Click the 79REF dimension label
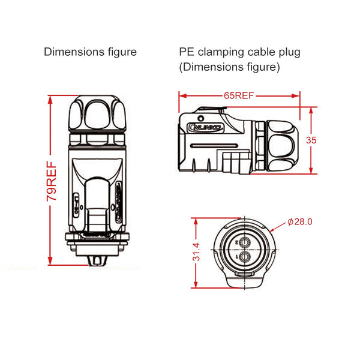[52, 180]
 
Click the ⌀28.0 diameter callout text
[300, 221]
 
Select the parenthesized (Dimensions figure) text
[229, 67]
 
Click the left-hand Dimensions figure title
[90, 52]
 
